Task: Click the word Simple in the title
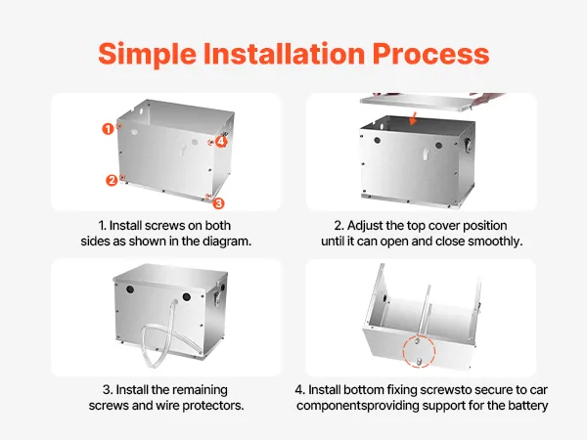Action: pyautogui.click(x=147, y=55)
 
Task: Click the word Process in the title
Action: pyautogui.click(x=430, y=54)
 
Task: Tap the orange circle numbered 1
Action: pyautogui.click(x=108, y=129)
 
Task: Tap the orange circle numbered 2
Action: pyautogui.click(x=112, y=180)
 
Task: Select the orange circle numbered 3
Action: pyautogui.click(x=218, y=203)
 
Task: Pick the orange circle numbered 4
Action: pyautogui.click(x=221, y=142)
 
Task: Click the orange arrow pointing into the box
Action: pyautogui.click(x=413, y=117)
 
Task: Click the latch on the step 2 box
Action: pyautogui.click(x=467, y=145)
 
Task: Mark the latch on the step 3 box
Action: pyautogui.click(x=216, y=298)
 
